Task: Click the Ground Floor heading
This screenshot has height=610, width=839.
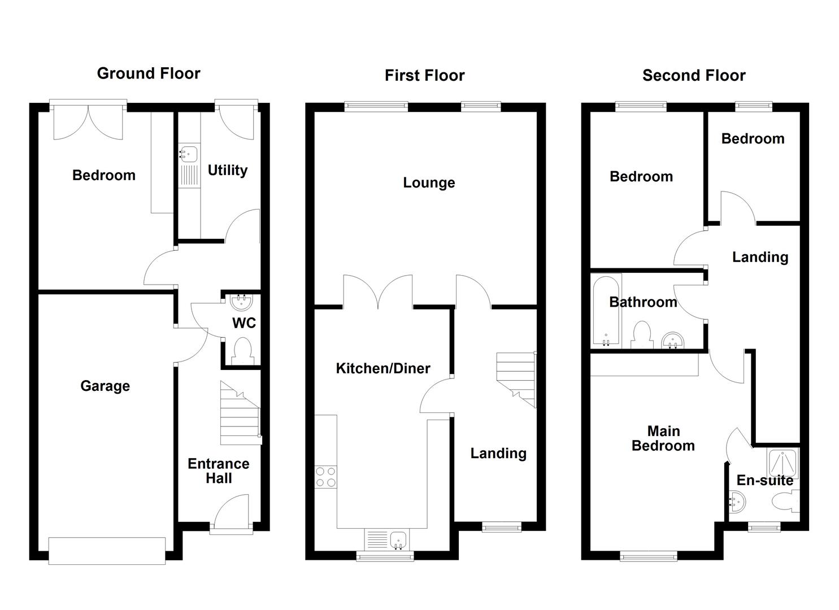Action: coord(149,73)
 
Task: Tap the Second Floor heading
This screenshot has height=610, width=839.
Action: coord(693,76)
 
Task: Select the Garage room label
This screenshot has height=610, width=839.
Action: coord(105,386)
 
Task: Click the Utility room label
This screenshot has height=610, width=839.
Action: coord(227,170)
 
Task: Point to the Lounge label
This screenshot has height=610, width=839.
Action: coord(429,182)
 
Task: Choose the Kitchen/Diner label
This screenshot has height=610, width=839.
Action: coord(383,368)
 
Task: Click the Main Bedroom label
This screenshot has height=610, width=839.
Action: coord(663,438)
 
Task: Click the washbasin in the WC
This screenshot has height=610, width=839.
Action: coord(242,303)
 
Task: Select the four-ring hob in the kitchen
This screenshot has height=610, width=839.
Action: coord(325,476)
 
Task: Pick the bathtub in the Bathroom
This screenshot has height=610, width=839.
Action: coord(606,311)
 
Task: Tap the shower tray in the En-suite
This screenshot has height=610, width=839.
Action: coord(783,463)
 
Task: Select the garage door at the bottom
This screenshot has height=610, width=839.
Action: coord(107,550)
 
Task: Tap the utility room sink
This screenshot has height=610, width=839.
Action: coord(188,154)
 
